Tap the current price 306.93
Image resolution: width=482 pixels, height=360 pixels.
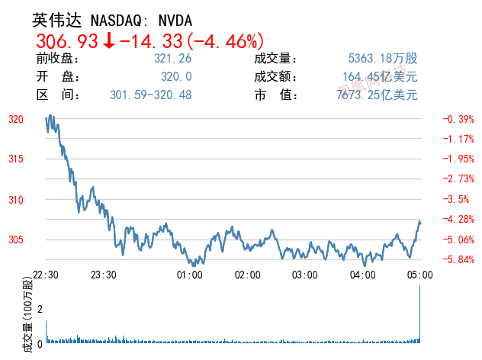click(67, 41)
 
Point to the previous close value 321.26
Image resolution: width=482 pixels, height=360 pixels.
click(172, 59)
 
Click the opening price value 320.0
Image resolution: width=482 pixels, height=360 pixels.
click(177, 77)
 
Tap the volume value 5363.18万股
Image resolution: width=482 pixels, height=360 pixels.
click(383, 59)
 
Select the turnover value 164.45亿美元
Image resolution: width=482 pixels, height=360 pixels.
click(381, 77)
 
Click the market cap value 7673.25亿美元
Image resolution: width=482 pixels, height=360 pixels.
click(378, 95)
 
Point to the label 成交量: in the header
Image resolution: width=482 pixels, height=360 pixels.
click(276, 59)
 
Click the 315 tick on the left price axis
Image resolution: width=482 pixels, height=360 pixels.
click(16, 159)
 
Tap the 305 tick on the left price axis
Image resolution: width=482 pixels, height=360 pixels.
click(16, 240)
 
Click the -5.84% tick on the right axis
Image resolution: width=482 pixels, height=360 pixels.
click(459, 259)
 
